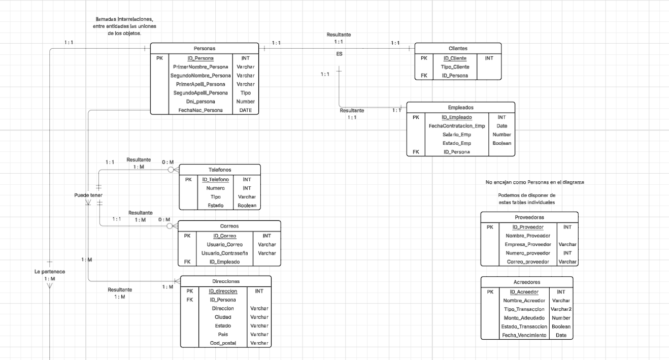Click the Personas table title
click(x=205, y=48)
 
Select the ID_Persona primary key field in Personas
click(x=200, y=58)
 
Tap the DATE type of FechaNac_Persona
click(x=245, y=110)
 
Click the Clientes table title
click(x=458, y=48)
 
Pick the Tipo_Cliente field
click(x=455, y=67)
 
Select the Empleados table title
click(x=460, y=108)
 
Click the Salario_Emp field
click(x=456, y=135)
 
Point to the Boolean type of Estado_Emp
click(x=501, y=143)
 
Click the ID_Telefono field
click(x=215, y=179)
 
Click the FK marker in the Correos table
click(x=187, y=262)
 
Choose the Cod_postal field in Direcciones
click(x=223, y=343)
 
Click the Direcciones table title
click(x=226, y=281)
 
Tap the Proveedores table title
click(x=529, y=217)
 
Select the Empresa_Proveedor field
click(x=528, y=244)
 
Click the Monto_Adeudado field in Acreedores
click(x=524, y=318)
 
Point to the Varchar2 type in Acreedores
click(x=561, y=309)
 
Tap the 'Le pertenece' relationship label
click(x=50, y=272)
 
